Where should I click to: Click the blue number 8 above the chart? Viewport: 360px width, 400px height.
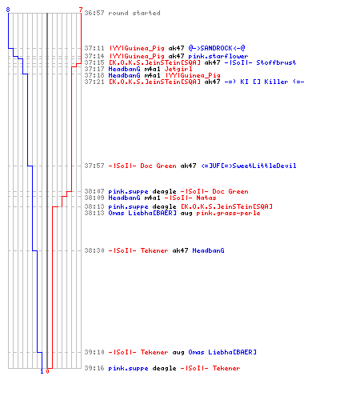pyautogui.click(x=8, y=10)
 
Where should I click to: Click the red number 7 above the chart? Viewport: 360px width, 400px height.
pyautogui.click(x=81, y=10)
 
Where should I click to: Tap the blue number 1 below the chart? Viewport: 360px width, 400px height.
pyautogui.click(x=42, y=371)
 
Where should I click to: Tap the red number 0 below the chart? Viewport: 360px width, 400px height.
pyautogui.click(x=47, y=371)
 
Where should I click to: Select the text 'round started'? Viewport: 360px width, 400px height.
pyautogui.click(x=134, y=13)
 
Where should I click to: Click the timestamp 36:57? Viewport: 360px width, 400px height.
pyautogui.click(x=94, y=13)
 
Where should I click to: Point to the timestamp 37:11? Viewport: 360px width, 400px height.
pyautogui.click(x=94, y=48)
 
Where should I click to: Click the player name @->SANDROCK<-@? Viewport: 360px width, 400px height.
pyautogui.click(x=217, y=48)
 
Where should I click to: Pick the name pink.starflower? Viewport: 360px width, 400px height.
pyautogui.click(x=218, y=56)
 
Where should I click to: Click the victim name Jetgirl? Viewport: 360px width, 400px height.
pyautogui.click(x=178, y=69)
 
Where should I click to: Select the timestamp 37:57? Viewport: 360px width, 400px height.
pyautogui.click(x=94, y=166)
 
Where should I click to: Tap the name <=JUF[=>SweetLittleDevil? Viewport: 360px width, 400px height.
pyautogui.click(x=249, y=166)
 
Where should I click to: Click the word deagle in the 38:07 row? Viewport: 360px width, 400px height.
pyautogui.click(x=164, y=191)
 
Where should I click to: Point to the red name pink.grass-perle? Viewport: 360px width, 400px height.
pyautogui.click(x=228, y=214)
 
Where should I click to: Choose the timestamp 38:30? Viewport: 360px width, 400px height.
pyautogui.click(x=94, y=250)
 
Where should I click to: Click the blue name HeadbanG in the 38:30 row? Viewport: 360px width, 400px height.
pyautogui.click(x=208, y=250)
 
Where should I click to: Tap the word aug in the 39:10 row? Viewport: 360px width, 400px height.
pyautogui.click(x=178, y=353)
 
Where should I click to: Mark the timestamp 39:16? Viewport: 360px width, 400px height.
pyautogui.click(x=94, y=368)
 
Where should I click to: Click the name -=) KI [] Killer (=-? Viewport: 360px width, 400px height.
pyautogui.click(x=264, y=82)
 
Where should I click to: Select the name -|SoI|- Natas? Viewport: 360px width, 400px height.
pyautogui.click(x=190, y=198)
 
